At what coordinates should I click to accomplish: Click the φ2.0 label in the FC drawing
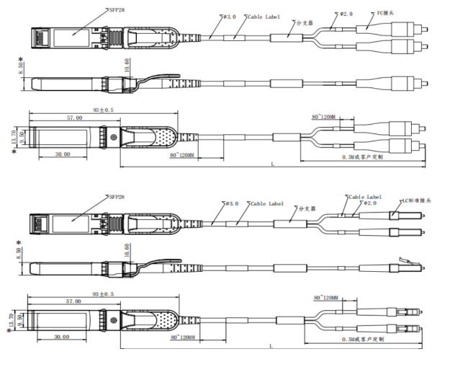346,14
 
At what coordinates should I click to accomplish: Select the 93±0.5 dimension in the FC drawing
102,110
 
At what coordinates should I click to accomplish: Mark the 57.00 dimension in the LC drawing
73,301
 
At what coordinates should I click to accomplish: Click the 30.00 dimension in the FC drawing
62,154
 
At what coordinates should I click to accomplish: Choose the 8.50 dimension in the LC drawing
19,253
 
